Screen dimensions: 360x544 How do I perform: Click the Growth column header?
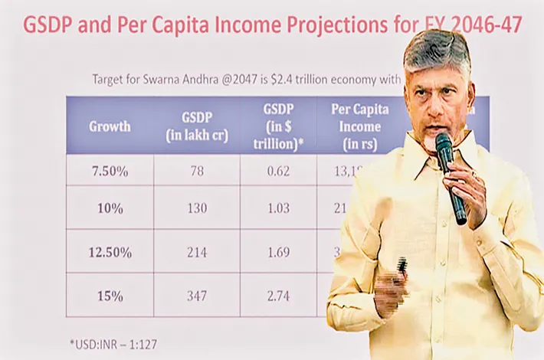110,127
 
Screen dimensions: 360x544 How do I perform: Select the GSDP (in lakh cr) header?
196,126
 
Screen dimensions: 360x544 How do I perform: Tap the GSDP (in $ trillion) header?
278,126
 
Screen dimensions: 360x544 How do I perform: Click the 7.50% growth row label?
110,171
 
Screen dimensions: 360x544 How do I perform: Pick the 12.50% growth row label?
110,251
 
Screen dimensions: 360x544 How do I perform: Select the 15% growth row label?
110,294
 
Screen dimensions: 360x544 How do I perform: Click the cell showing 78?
196,171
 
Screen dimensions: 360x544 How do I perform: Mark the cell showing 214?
196,251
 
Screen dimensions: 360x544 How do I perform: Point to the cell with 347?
196,294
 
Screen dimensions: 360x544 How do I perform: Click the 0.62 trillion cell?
278,171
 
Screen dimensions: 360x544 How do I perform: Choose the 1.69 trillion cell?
278,251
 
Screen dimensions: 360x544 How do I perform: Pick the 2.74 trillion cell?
278,294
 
